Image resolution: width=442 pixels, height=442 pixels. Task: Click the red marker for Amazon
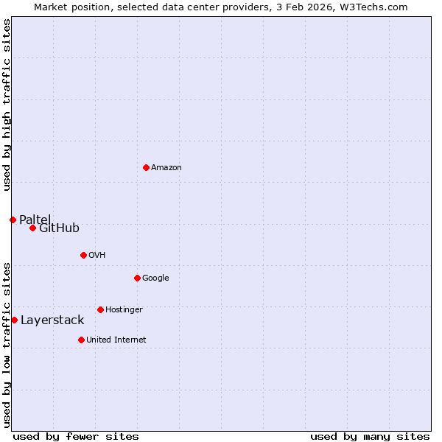(146, 168)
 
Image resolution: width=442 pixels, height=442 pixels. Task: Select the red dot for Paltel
(13, 220)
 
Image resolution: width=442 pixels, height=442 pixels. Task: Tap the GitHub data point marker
(32, 228)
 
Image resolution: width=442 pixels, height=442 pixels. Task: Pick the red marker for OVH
(83, 256)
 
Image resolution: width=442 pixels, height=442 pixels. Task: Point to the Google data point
(137, 278)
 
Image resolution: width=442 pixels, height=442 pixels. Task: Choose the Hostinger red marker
(100, 310)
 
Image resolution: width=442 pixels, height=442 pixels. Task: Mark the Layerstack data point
(14, 320)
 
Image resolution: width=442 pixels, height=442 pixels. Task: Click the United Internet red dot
(81, 340)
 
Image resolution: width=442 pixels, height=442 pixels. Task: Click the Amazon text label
(166, 168)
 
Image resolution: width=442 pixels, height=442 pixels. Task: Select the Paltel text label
(35, 220)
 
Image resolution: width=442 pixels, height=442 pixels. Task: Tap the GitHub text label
(59, 228)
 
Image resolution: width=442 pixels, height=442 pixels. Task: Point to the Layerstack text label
(52, 320)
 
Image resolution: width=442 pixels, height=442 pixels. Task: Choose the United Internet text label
(116, 340)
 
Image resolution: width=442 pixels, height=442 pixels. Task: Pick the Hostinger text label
(124, 310)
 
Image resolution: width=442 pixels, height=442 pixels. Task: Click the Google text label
(155, 278)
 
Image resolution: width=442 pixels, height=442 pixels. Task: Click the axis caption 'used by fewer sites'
(76, 436)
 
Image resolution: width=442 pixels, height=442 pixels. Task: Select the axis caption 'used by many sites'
(370, 436)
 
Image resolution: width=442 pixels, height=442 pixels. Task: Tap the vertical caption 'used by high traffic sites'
(7, 105)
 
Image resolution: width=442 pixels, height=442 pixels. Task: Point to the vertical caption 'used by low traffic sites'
(7, 344)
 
